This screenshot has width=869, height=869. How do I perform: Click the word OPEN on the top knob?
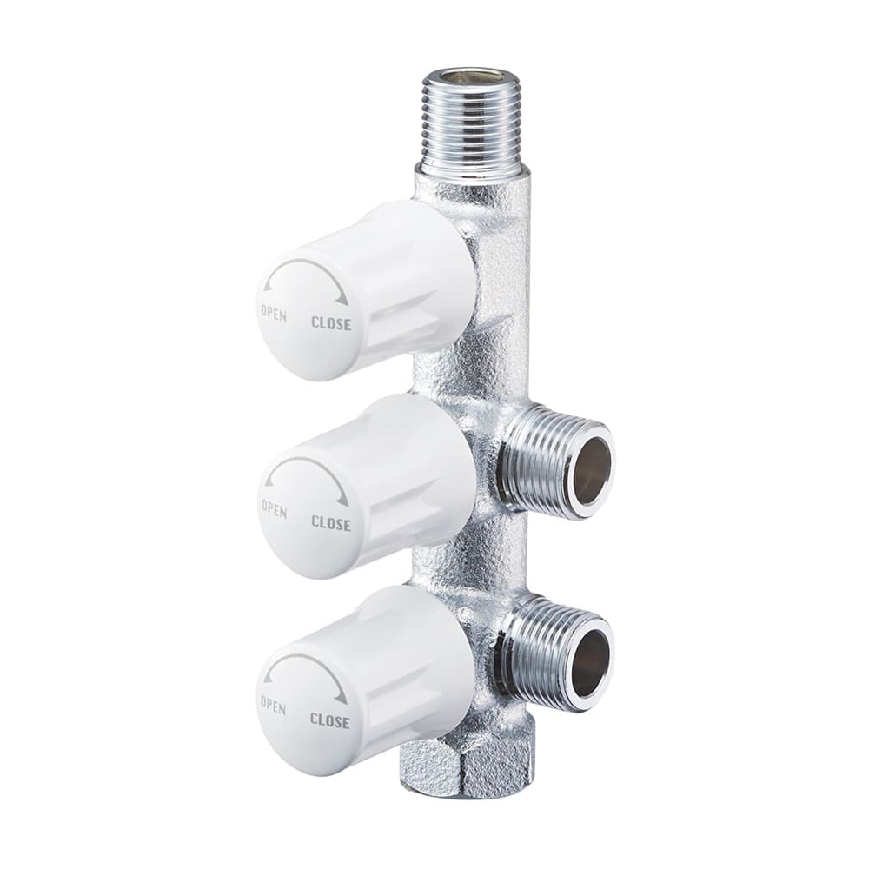pos(274,313)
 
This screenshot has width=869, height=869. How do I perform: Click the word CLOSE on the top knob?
pos(331,323)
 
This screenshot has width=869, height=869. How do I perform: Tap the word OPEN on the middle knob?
pos(274,508)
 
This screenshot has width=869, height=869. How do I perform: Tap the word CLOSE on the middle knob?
pos(331,522)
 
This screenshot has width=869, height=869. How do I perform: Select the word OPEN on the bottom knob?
pos(273,705)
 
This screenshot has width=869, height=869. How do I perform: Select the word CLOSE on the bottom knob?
pos(329,720)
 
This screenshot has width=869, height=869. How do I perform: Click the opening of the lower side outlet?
pos(591,662)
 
